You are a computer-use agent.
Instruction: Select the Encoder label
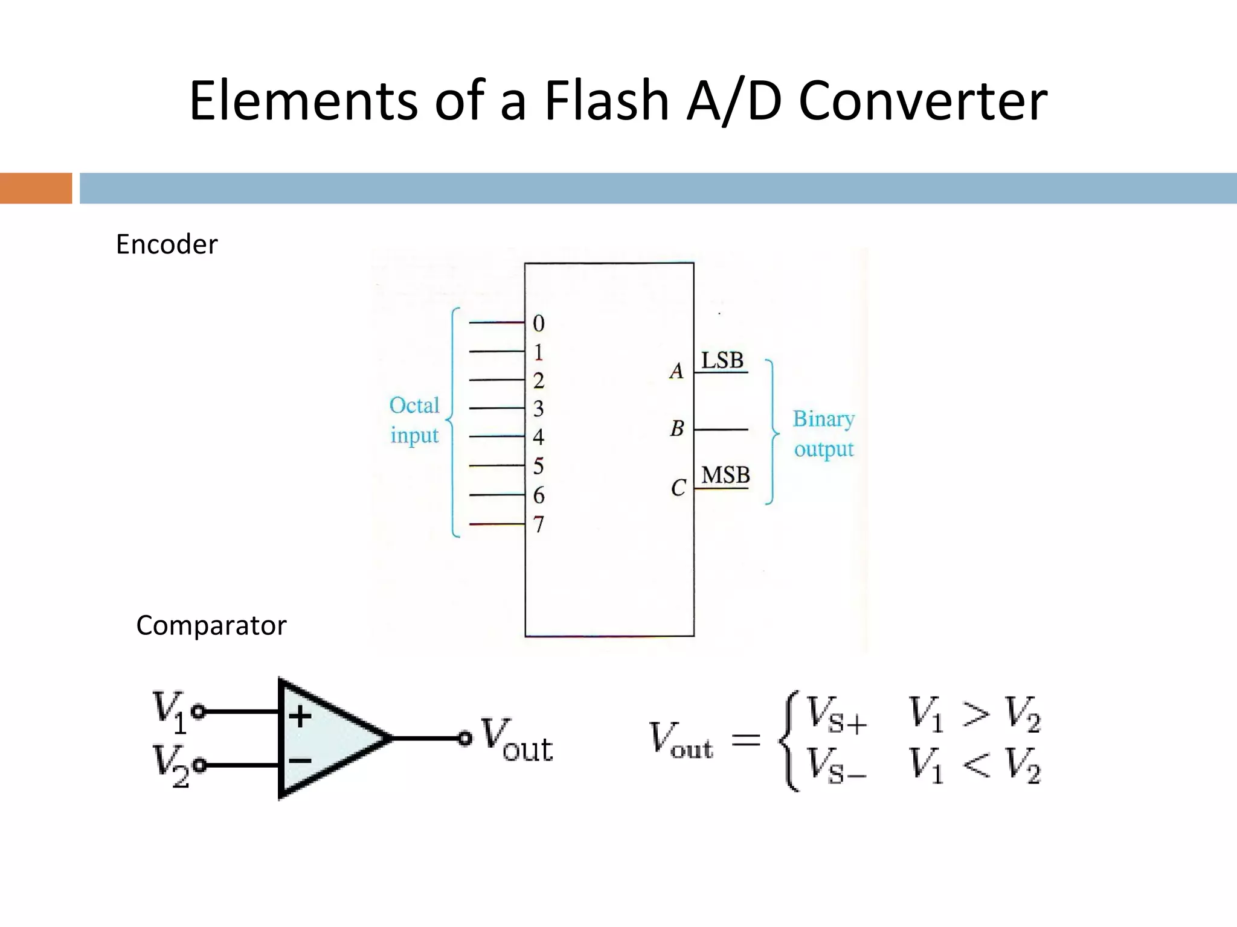click(x=166, y=244)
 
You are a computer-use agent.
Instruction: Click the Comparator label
click(x=211, y=625)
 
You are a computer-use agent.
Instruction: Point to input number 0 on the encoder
click(x=538, y=324)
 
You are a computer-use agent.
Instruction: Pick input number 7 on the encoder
click(x=538, y=524)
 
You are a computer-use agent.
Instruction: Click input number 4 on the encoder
click(x=538, y=437)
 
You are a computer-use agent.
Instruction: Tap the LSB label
click(x=722, y=360)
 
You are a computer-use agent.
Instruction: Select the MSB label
click(x=725, y=476)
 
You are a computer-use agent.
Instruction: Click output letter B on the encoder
click(x=677, y=429)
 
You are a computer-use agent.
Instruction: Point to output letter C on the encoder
click(x=678, y=488)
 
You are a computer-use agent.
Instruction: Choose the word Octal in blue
click(x=414, y=406)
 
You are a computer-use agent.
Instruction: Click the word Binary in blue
click(x=823, y=419)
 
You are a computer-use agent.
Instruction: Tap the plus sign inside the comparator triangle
click(x=300, y=716)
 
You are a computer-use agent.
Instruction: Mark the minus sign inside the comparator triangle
click(x=300, y=760)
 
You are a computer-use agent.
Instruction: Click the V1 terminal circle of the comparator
click(x=199, y=712)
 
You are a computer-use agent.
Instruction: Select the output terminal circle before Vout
click(x=464, y=738)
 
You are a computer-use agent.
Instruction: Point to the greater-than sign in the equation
click(x=975, y=714)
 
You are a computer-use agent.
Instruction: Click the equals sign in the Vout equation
click(x=745, y=739)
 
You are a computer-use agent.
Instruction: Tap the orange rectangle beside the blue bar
click(x=36, y=188)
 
